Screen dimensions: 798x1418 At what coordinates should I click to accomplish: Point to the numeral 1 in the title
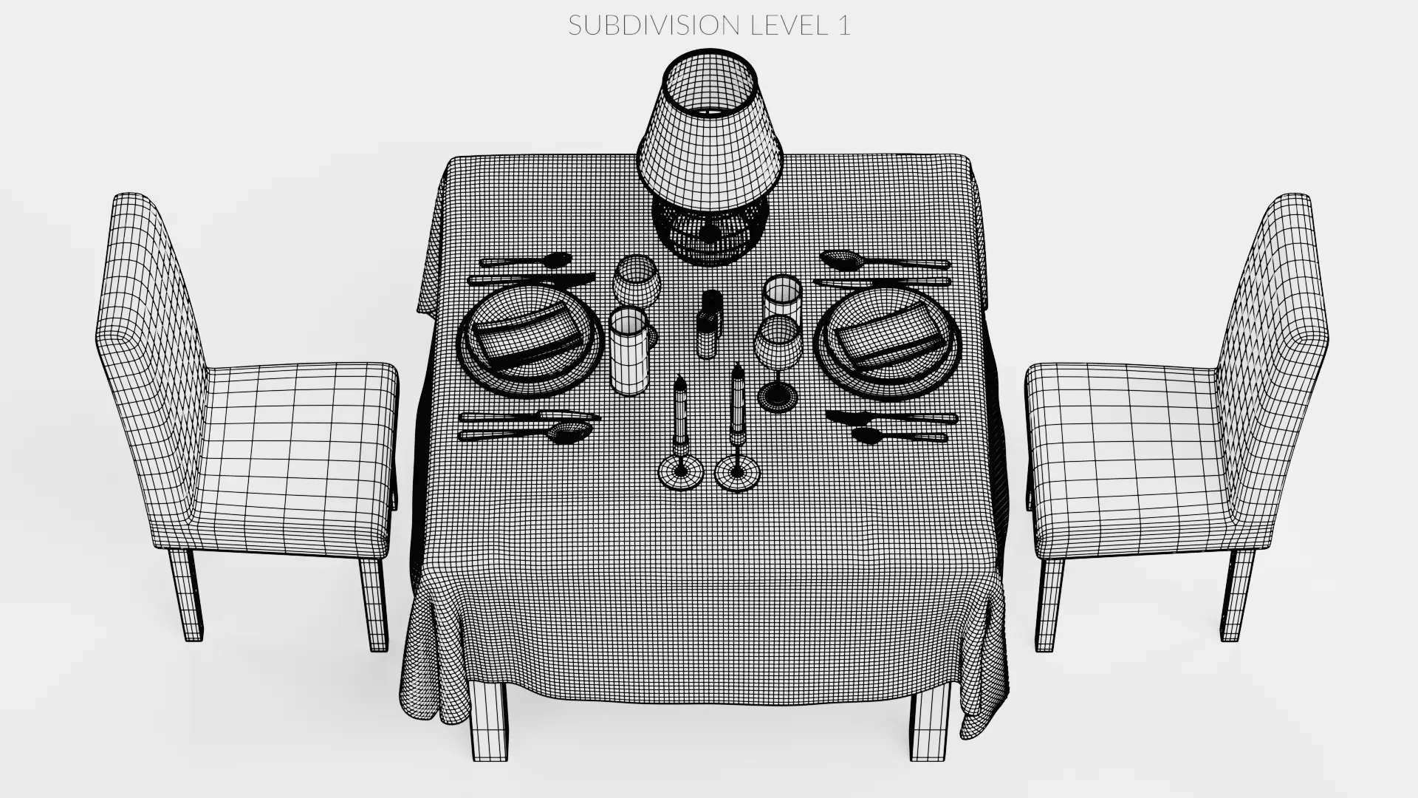[x=843, y=25]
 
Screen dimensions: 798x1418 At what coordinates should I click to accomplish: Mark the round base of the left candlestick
[x=680, y=473]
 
